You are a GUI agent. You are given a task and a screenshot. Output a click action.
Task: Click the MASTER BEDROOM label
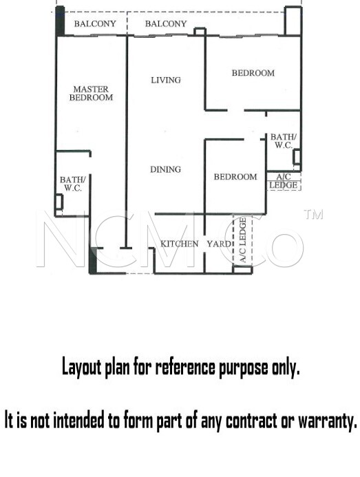tap(91, 94)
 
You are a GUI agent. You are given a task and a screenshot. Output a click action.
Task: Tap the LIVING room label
tap(166, 80)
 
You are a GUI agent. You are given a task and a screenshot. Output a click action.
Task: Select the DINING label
tap(166, 169)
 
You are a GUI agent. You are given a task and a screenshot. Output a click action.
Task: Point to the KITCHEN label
tap(179, 244)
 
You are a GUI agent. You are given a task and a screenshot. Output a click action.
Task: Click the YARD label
tap(219, 244)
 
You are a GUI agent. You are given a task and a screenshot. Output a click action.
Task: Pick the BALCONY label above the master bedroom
tap(95, 23)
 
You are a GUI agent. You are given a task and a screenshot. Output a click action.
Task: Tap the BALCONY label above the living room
tap(166, 23)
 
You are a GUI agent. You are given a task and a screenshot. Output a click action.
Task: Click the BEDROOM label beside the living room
tap(253, 73)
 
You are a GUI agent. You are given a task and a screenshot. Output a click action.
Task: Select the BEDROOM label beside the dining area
tap(235, 177)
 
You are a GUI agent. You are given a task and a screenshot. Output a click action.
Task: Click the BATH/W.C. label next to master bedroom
tap(73, 184)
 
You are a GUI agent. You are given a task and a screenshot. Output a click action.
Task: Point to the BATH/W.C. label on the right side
tap(284, 141)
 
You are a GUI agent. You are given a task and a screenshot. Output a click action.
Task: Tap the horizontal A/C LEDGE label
tap(284, 181)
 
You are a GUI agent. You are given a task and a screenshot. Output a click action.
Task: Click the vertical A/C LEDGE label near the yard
tap(243, 240)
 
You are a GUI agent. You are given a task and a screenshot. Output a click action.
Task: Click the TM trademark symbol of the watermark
tap(313, 215)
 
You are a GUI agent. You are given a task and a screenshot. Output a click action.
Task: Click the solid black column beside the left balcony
tap(60, 21)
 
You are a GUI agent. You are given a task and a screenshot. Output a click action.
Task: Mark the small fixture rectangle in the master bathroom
tap(59, 202)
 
